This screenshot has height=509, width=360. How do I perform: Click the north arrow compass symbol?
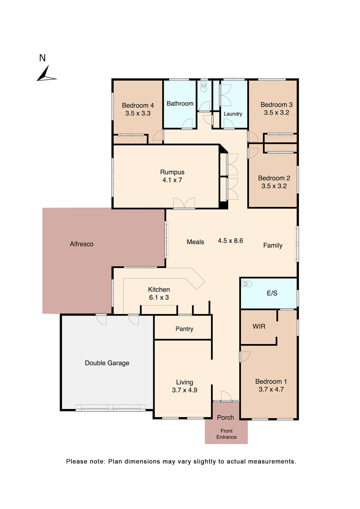46,74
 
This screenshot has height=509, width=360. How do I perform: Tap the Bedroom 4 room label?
138,106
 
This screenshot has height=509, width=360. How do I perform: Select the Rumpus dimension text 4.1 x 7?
172,180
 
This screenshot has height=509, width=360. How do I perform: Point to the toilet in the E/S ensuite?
247,284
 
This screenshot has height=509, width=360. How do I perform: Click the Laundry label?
233,114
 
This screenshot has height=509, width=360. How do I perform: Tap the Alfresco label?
82,244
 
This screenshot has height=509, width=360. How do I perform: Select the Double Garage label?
107,363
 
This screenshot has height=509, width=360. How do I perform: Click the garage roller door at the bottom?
110,408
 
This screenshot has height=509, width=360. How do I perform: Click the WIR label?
259,326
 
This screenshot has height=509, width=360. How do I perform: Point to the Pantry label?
184,329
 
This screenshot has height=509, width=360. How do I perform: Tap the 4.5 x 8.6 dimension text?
230,241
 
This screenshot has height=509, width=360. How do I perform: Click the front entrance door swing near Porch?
226,396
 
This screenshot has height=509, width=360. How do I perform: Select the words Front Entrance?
226,434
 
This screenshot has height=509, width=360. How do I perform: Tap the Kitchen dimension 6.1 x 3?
159,297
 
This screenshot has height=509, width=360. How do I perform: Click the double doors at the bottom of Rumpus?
184,204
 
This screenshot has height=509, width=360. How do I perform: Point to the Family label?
273,245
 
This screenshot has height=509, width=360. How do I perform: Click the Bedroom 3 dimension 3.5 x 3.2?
276,113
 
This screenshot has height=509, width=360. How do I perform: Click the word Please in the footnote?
77,462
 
